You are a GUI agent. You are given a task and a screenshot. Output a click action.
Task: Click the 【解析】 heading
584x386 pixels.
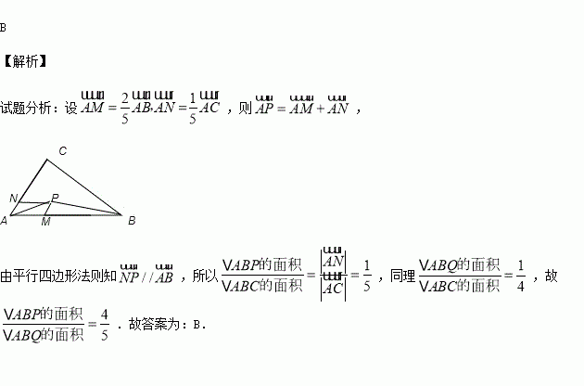[x=25, y=62]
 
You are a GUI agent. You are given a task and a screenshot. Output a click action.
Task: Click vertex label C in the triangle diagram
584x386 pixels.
[x=62, y=150]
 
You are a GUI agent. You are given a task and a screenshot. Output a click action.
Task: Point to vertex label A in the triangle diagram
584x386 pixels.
[x=5, y=221]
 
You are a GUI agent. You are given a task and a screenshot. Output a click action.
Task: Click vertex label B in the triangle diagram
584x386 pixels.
[x=132, y=221]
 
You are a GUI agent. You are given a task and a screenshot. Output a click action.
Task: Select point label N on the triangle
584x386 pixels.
[x=13, y=199]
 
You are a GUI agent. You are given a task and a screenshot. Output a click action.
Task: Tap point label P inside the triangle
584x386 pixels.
[x=55, y=198]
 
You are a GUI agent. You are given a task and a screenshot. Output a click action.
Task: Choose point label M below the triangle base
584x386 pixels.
[x=45, y=222]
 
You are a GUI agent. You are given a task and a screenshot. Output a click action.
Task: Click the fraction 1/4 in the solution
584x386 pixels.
[x=520, y=276]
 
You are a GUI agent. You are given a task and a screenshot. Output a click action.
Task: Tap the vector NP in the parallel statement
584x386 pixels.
[x=129, y=276]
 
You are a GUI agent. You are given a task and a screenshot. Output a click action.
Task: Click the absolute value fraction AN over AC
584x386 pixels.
[x=334, y=276]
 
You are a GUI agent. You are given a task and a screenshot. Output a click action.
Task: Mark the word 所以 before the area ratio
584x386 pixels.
[x=203, y=276]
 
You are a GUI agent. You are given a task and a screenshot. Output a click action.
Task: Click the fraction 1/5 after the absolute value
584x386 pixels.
[x=367, y=276]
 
